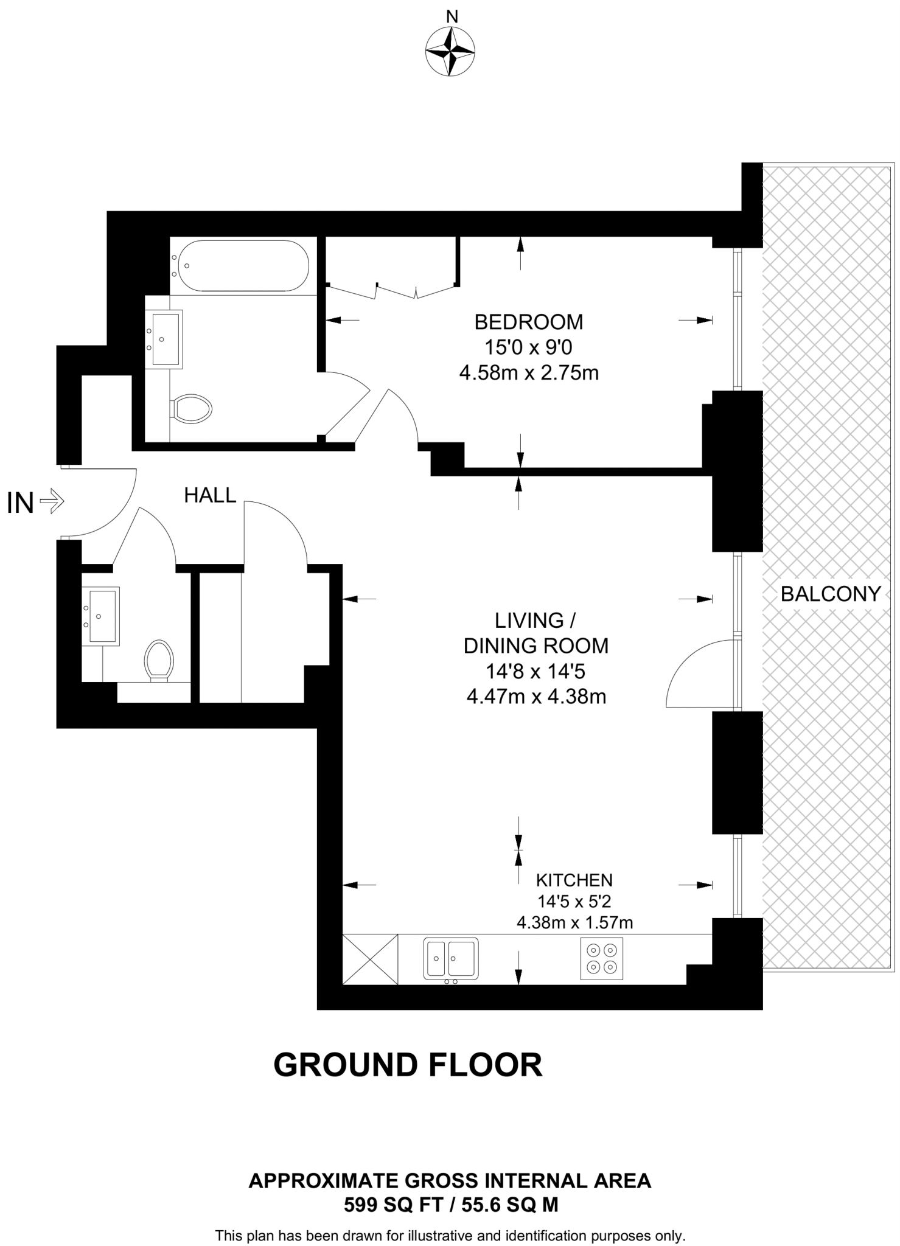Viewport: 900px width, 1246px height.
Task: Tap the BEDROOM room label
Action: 528,321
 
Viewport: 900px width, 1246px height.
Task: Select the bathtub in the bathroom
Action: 241,266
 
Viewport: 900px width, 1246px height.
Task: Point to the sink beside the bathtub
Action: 164,339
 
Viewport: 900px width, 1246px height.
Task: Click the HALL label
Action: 210,495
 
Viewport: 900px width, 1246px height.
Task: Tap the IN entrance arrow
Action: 51,502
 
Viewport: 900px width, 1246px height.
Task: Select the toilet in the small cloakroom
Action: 159,660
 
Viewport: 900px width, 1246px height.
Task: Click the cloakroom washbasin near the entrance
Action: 101,616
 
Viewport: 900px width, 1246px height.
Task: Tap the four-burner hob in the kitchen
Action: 601,959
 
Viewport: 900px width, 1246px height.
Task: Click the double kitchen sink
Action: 451,958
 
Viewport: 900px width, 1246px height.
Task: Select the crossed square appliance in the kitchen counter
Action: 370,959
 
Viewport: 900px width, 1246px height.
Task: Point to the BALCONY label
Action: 830,594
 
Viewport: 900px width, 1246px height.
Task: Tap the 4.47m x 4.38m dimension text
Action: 536,697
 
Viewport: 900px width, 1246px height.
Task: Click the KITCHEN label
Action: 574,880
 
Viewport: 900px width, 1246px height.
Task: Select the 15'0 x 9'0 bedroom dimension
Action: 528,347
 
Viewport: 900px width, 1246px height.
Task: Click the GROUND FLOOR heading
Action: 408,1065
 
